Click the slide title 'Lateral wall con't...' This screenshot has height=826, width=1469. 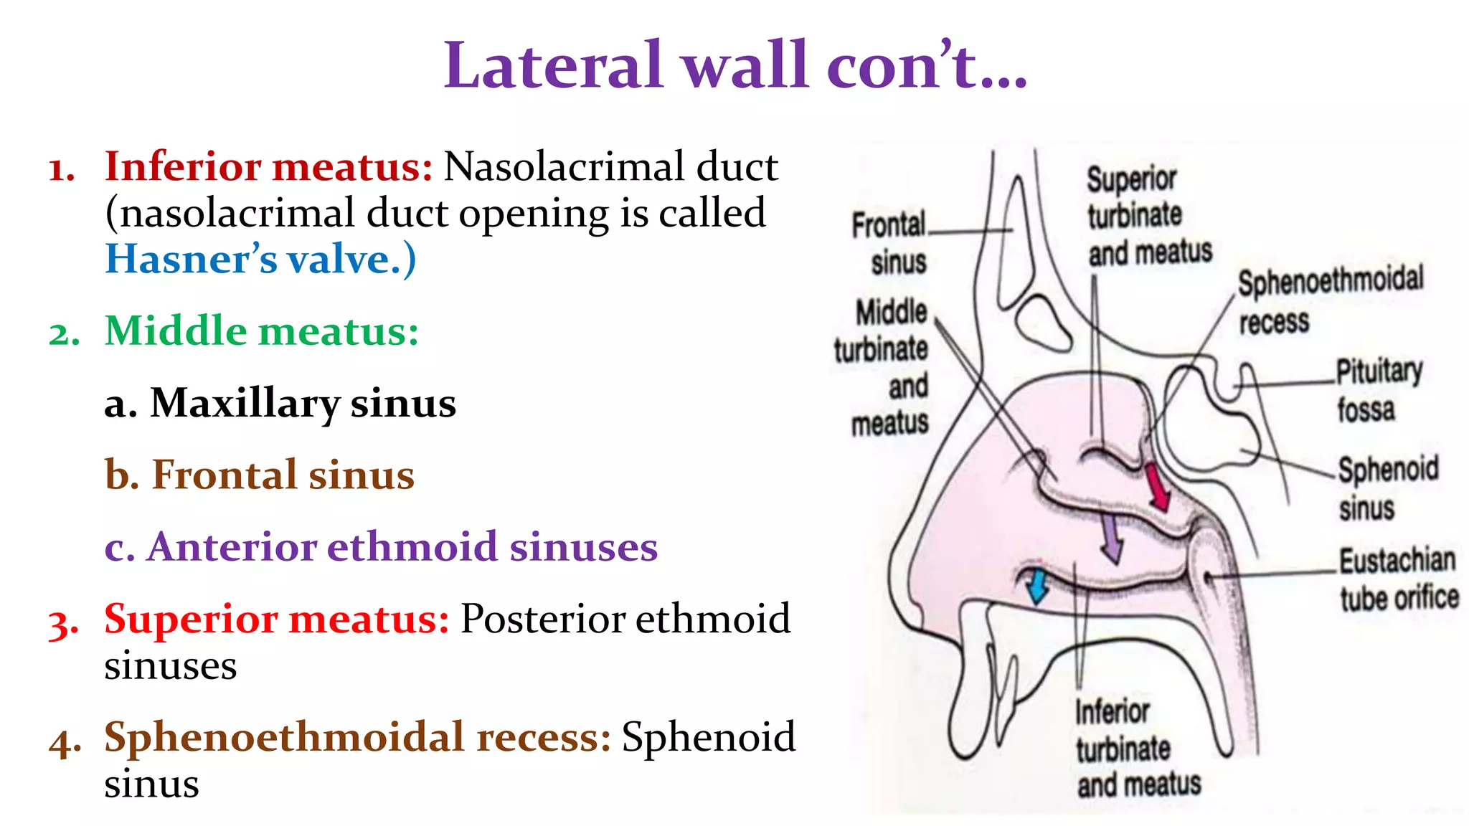[x=735, y=66]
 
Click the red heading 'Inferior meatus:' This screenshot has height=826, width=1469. [x=268, y=166]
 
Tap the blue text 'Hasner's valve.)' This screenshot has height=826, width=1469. [x=260, y=260]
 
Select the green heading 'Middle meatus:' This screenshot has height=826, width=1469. [x=262, y=331]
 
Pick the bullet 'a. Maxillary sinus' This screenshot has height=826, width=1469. [x=280, y=403]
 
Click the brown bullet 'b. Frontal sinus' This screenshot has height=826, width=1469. [x=260, y=475]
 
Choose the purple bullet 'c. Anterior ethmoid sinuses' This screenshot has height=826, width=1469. [x=381, y=546]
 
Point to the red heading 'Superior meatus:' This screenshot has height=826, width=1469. [x=277, y=619]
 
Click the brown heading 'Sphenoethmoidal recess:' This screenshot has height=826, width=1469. [x=357, y=737]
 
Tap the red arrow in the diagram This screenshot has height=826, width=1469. [x=1157, y=488]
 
